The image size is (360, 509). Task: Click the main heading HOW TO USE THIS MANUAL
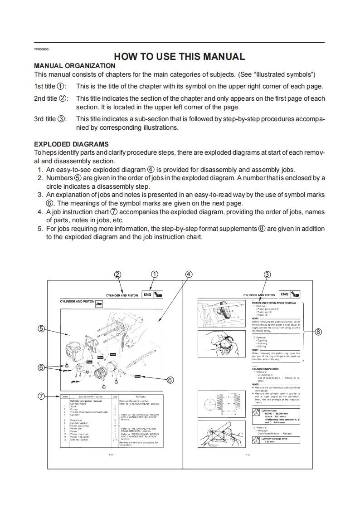click(180, 57)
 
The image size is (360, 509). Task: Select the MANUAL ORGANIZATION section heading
click(74, 66)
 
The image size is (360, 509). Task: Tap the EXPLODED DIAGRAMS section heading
click(71, 144)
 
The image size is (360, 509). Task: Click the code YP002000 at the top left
click(41, 49)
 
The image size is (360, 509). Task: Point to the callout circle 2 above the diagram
click(118, 274)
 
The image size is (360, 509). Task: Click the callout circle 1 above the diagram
click(155, 274)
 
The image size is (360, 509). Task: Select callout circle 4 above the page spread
click(189, 274)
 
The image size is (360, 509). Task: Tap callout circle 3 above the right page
click(268, 274)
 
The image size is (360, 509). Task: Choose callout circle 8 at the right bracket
click(318, 332)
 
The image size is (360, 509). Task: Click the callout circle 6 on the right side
click(170, 380)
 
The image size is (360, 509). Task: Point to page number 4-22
click(248, 454)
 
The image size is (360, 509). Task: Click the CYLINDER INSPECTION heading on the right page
click(265, 369)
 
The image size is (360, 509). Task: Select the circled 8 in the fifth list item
click(261, 229)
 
